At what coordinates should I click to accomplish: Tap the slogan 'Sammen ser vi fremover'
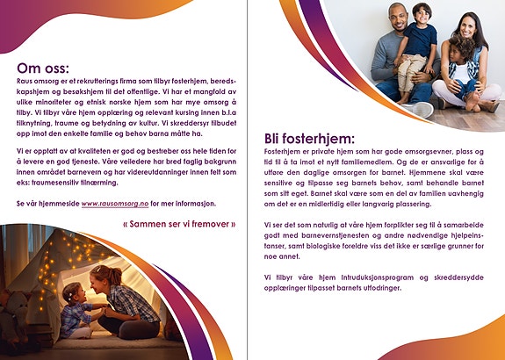point(180,224)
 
